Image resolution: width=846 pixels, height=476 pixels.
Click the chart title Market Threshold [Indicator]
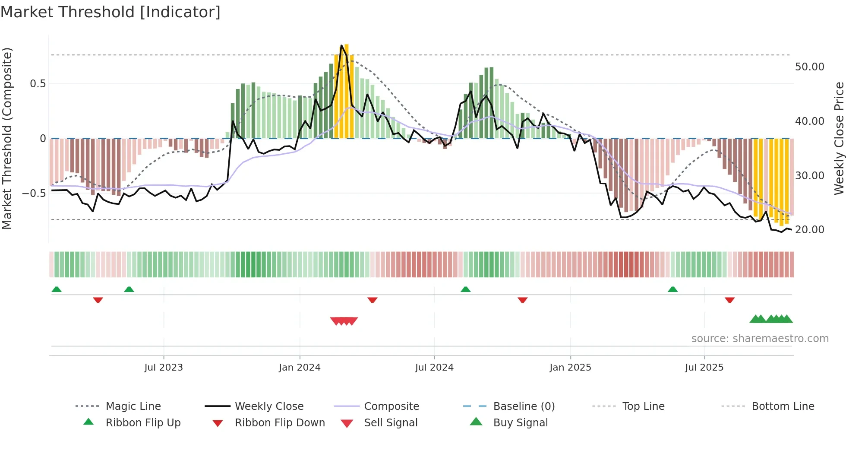[110, 12]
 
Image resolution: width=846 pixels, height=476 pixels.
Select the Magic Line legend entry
[133, 406]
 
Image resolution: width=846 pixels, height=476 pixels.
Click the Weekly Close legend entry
[269, 406]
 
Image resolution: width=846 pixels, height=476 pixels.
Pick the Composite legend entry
[391, 406]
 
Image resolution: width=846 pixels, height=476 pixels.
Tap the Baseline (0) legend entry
[524, 406]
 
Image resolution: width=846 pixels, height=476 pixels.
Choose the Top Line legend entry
[643, 406]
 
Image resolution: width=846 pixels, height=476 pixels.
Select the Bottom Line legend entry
[783, 406]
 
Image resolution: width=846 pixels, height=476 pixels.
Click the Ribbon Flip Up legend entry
[143, 422]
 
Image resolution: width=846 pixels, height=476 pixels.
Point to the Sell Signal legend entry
[391, 422]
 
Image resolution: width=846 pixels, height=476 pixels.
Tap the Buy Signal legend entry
[520, 422]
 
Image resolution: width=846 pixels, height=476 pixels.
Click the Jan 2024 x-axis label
[300, 367]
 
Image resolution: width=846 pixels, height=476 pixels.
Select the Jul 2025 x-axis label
[704, 367]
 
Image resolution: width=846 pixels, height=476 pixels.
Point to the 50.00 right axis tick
[809, 67]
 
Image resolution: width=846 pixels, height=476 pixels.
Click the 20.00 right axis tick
[809, 230]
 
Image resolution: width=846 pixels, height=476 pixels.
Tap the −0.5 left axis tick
[34, 193]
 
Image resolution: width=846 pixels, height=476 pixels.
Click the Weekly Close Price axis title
[839, 138]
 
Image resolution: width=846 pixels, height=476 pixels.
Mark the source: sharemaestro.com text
[760, 338]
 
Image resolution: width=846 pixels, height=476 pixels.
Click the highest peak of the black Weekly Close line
[341, 45]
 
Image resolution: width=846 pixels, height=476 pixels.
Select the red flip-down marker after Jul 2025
[729, 300]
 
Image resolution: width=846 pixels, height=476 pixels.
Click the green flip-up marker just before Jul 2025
[672, 289]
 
